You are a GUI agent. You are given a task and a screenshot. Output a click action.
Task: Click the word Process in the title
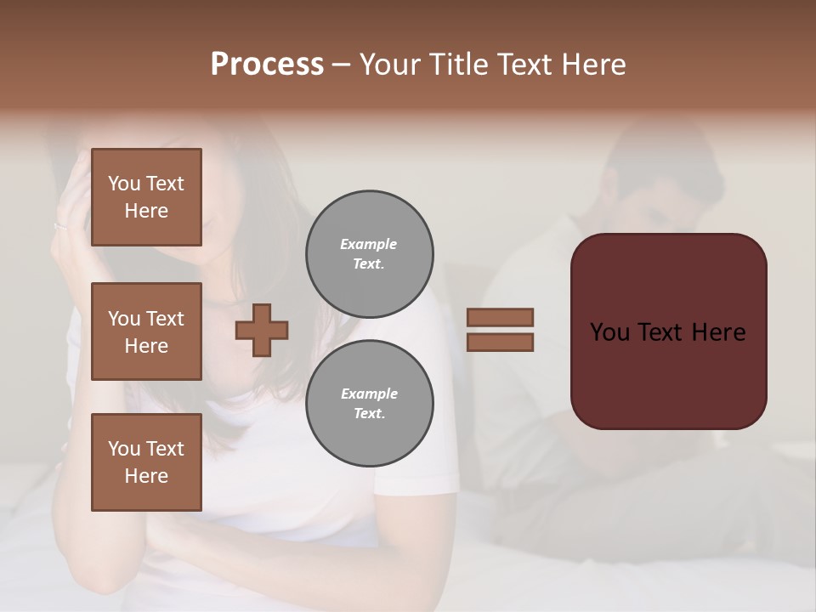[267, 65]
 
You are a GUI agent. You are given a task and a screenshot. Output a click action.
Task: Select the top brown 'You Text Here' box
[146, 197]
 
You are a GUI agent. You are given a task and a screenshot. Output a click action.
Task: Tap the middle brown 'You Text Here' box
[146, 331]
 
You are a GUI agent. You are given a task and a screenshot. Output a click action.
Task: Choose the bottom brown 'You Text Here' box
[146, 462]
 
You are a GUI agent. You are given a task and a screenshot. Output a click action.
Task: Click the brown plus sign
[262, 330]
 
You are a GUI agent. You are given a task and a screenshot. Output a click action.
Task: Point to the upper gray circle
[369, 254]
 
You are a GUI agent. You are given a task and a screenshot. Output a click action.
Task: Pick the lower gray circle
[369, 404]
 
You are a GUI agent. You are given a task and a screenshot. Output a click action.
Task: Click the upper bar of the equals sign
[500, 317]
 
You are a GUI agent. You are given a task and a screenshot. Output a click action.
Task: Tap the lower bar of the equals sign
[500, 343]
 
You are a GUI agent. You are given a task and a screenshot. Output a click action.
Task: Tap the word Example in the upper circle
[368, 244]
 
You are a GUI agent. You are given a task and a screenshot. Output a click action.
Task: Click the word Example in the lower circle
[368, 394]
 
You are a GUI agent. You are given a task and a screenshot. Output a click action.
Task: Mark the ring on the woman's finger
[59, 226]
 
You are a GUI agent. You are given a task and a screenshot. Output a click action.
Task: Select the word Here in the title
[595, 65]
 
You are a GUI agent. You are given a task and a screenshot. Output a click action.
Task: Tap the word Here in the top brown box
[146, 211]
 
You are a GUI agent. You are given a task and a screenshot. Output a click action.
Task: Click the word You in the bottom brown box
[124, 449]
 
